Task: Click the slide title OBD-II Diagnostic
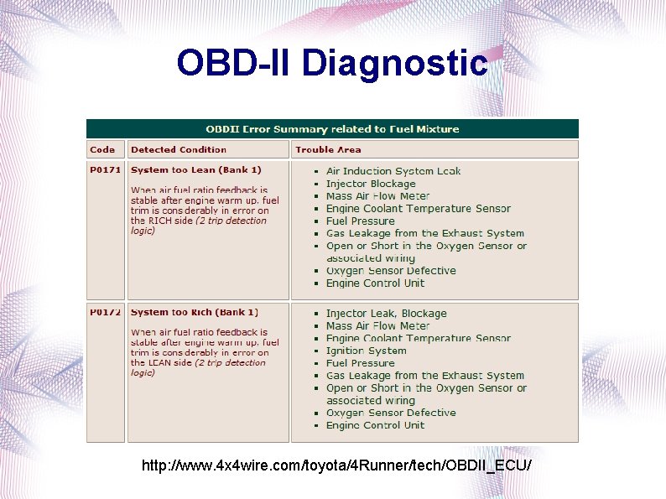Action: (x=332, y=63)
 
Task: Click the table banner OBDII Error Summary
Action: (x=332, y=129)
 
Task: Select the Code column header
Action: (x=102, y=150)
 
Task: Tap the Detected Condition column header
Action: (x=178, y=150)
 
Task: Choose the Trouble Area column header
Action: (x=328, y=150)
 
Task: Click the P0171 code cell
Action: (x=105, y=170)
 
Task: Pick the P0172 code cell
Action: (x=105, y=313)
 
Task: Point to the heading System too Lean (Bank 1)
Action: (x=196, y=170)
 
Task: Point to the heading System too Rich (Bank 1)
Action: (x=195, y=313)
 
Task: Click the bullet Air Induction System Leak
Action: (x=393, y=171)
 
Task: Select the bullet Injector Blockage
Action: (x=371, y=184)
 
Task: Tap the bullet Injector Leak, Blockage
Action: (x=387, y=314)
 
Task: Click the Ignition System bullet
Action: (x=366, y=351)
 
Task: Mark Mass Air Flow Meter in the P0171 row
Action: (x=377, y=196)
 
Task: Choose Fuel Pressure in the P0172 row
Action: (x=360, y=363)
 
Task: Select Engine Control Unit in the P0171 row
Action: (x=375, y=283)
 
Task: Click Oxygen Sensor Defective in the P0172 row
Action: (x=391, y=413)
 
